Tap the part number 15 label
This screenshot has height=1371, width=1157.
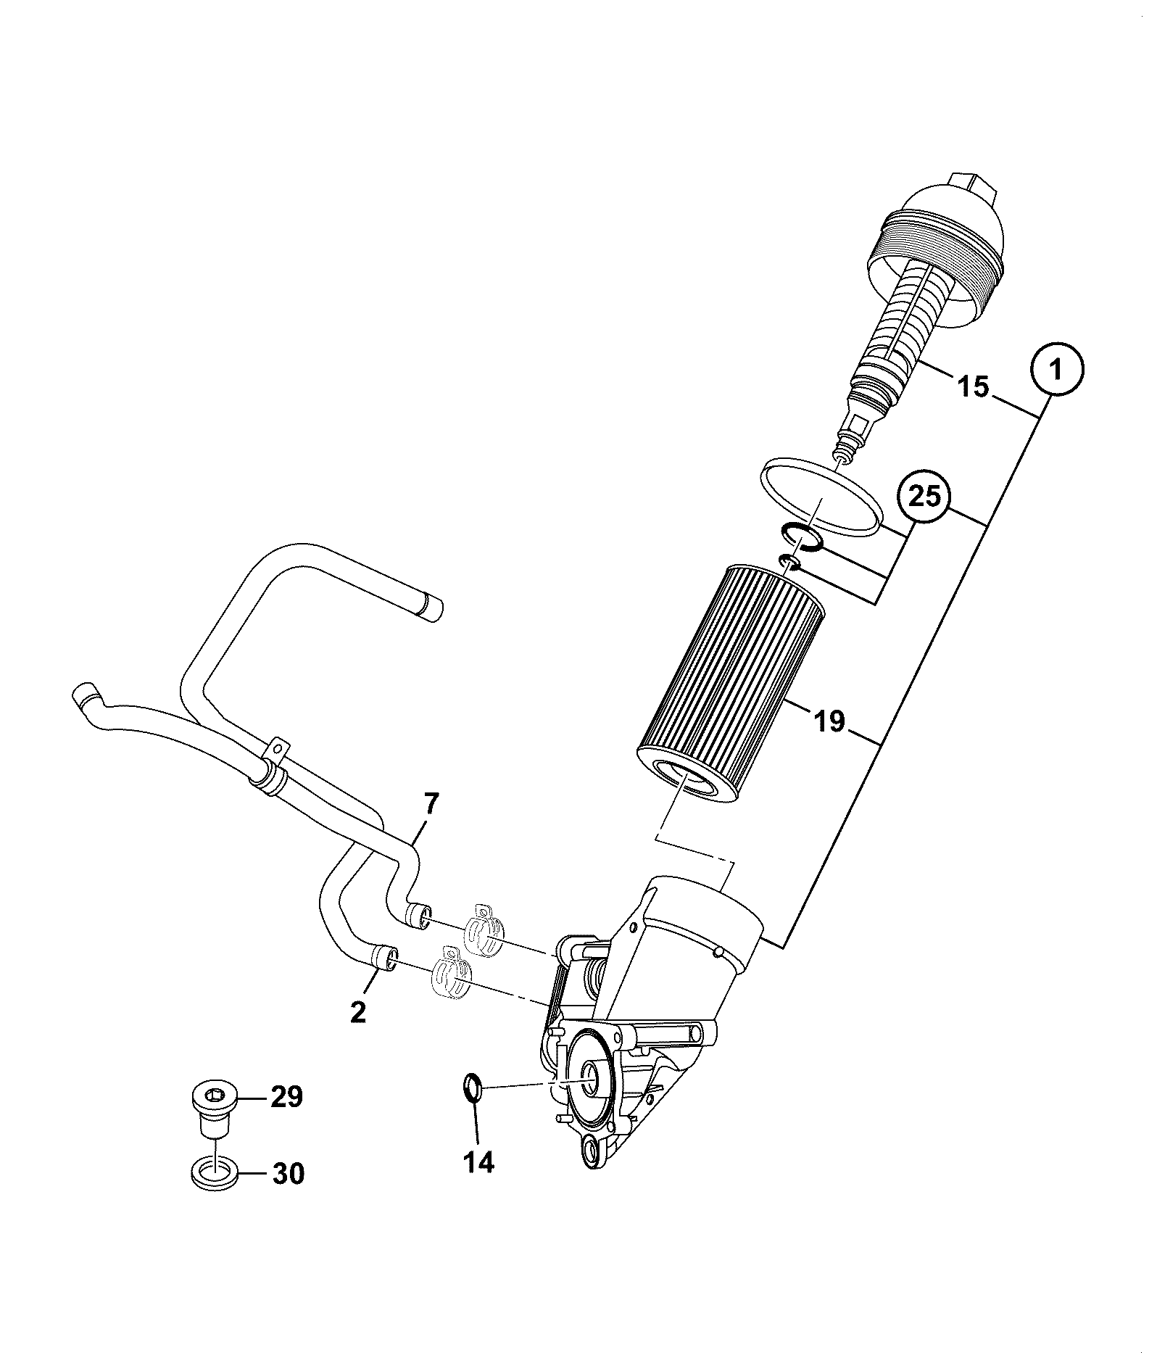tap(974, 386)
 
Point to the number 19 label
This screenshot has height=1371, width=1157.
tap(829, 721)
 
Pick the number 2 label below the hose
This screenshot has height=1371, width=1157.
tap(358, 1011)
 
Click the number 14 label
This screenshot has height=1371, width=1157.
tap(478, 1163)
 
